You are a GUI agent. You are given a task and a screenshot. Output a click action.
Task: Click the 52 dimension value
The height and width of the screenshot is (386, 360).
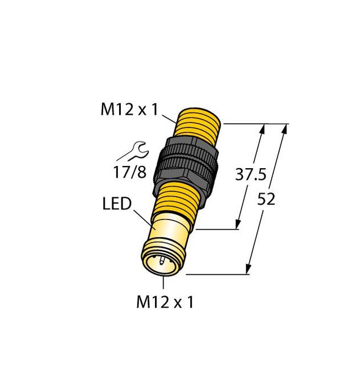267,199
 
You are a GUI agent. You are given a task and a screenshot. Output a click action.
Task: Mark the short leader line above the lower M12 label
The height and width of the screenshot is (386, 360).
164,283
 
